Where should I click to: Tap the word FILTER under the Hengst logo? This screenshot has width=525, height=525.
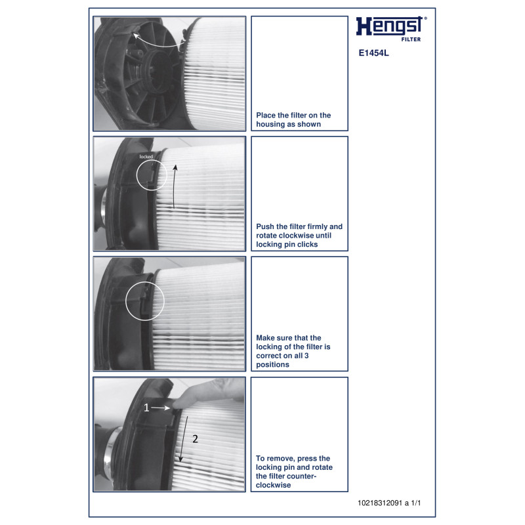pyautogui.click(x=411, y=39)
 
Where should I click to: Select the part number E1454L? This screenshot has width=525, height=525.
pyautogui.click(x=373, y=53)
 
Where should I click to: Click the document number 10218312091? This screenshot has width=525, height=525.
pyautogui.click(x=380, y=503)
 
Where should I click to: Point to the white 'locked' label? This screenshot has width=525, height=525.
pyautogui.click(x=146, y=157)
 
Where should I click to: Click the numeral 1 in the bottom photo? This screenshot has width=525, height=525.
pyautogui.click(x=146, y=408)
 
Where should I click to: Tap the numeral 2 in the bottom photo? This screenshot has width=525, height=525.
pyautogui.click(x=195, y=438)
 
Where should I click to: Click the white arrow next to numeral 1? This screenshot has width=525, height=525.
pyautogui.click(x=160, y=408)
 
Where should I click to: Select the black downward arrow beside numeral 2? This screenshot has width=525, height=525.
pyautogui.click(x=184, y=439)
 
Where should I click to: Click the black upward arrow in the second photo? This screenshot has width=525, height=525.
pyautogui.click(x=174, y=186)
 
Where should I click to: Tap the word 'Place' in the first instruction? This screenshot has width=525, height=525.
pyautogui.click(x=266, y=115)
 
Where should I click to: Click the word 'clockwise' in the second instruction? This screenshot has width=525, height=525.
pyautogui.click(x=295, y=236)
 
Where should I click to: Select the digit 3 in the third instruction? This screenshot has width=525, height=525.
pyautogui.click(x=306, y=356)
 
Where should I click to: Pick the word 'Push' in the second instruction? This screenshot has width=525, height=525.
pyautogui.click(x=265, y=226)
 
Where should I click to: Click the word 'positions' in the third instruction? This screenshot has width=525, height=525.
pyautogui.click(x=272, y=365)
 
